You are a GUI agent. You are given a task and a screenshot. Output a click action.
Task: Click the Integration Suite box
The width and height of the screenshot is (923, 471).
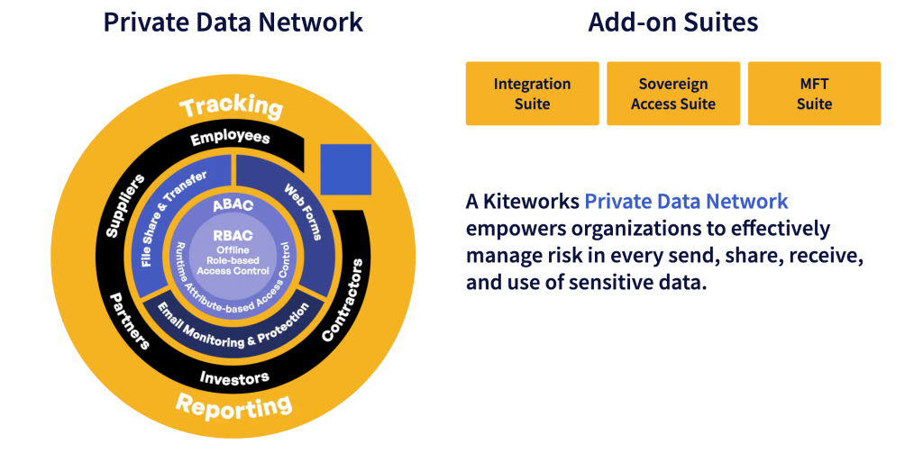pos(532,94)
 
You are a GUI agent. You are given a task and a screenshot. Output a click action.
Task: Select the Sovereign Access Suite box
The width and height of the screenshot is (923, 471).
pos(673,94)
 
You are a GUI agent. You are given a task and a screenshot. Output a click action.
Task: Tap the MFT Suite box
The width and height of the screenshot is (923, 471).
pos(814,94)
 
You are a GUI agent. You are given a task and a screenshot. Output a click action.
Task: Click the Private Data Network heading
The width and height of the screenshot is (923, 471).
pos(233,22)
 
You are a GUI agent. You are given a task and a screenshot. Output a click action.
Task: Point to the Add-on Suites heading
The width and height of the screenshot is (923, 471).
pos(672,22)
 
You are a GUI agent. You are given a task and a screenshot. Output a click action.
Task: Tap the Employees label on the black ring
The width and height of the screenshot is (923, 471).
pos(230,138)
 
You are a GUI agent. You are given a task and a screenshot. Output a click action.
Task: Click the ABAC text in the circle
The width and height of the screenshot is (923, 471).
pos(233,205)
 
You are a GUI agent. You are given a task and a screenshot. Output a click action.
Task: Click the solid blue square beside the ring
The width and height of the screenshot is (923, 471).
pos(346,168)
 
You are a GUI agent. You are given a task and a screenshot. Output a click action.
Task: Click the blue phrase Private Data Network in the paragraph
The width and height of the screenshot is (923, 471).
pos(687,202)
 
